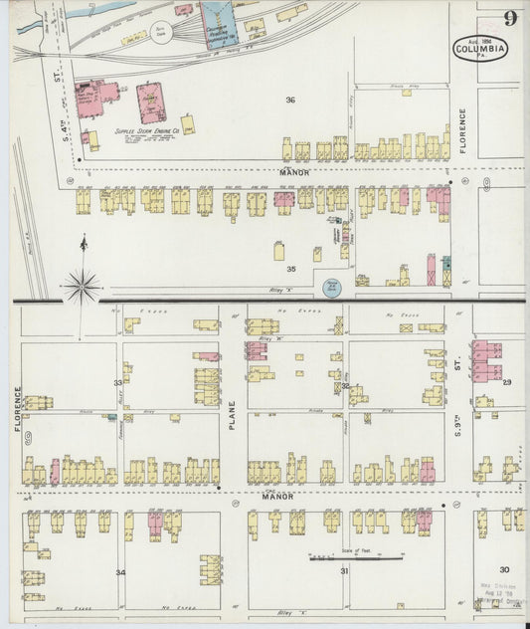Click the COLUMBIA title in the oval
tap(481, 48)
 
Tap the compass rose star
tap(82, 286)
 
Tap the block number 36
tap(290, 101)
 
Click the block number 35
tap(291, 269)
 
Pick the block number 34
tap(120, 572)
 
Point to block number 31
tap(344, 571)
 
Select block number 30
tap(504, 568)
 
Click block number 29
tap(507, 382)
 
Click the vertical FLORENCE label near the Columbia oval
tap(462, 133)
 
